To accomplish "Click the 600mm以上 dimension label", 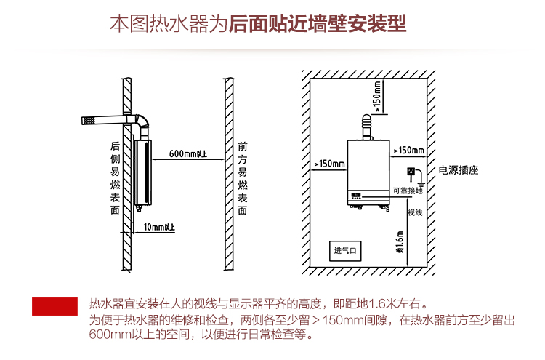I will (x=187, y=153).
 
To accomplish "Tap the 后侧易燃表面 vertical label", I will (x=115, y=177).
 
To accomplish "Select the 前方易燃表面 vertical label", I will (x=243, y=177).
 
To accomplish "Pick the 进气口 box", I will (x=345, y=251).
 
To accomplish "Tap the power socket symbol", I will (x=410, y=172).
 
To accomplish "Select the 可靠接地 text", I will (x=407, y=191).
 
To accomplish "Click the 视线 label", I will (x=415, y=212).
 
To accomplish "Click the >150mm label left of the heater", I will (x=329, y=163).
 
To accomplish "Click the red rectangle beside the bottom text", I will (x=54, y=306).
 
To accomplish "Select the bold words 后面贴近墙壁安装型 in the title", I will (x=318, y=24).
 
